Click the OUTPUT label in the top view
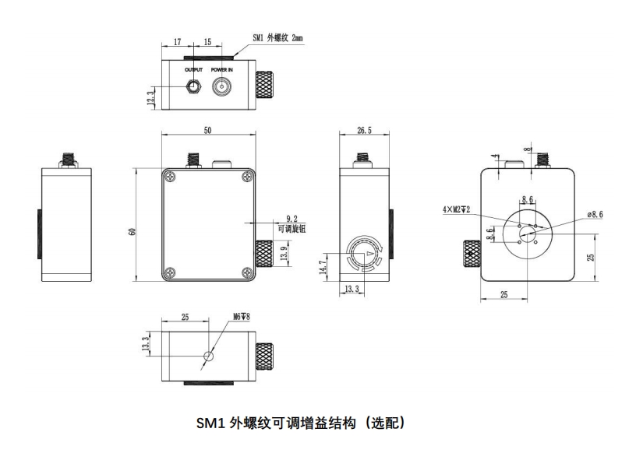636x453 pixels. point(193,69)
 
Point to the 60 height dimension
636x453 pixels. point(133,231)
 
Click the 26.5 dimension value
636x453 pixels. point(364,132)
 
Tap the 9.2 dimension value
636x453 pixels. point(292,220)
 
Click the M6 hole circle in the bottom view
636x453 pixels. point(207,356)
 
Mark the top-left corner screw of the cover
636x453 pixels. point(168,175)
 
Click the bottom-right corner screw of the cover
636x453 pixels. point(247,272)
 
